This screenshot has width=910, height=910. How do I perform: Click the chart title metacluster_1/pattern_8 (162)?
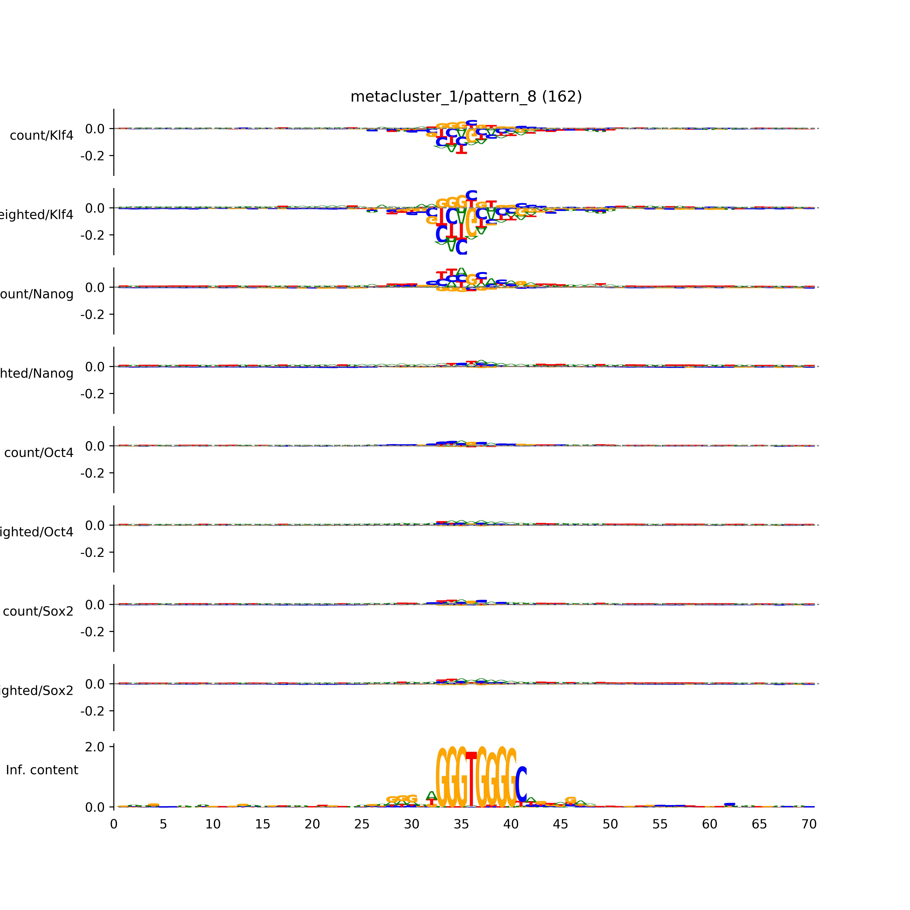466,97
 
